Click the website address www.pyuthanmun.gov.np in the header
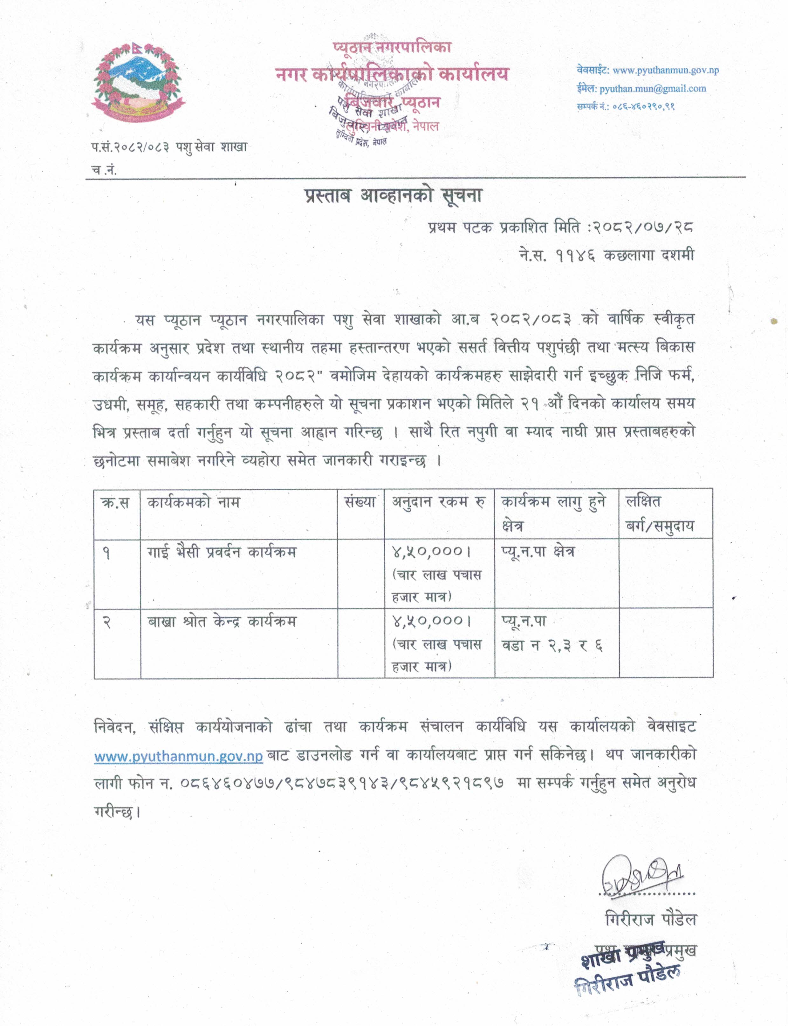click(x=666, y=70)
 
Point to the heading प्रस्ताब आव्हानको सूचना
click(x=393, y=195)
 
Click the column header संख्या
click(x=360, y=503)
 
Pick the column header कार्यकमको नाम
click(x=193, y=503)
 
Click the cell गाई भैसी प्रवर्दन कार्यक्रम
click(x=222, y=552)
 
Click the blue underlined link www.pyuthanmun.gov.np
click(x=178, y=756)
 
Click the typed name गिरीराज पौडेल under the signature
click(x=651, y=920)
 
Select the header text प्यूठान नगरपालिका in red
click(x=392, y=47)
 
